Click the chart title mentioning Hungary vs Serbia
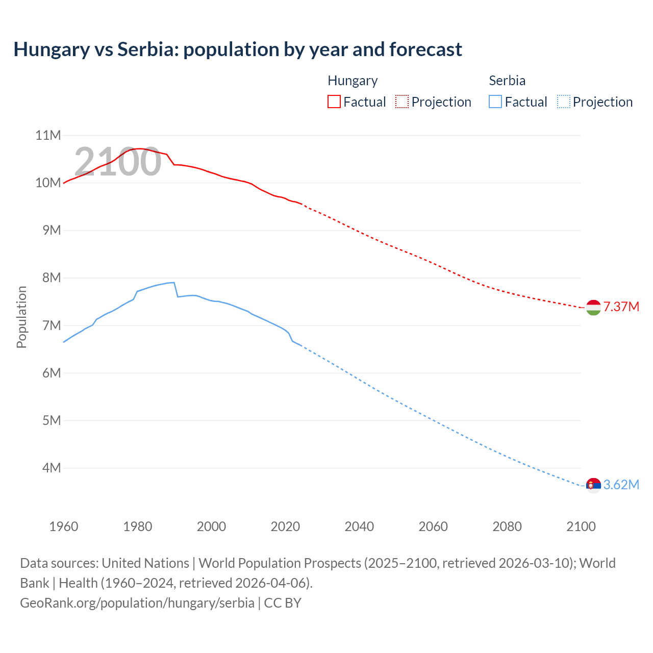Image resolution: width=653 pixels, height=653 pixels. [x=238, y=49]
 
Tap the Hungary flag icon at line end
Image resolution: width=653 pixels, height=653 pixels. [x=593, y=308]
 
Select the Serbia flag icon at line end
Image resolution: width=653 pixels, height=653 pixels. [x=593, y=485]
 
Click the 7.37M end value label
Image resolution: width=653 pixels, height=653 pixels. [x=621, y=307]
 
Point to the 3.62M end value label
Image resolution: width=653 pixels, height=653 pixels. [x=621, y=485]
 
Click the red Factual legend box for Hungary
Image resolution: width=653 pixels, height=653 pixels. [x=334, y=102]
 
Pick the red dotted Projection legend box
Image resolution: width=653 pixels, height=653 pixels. [x=402, y=102]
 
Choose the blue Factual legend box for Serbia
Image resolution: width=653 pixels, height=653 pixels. [x=495, y=102]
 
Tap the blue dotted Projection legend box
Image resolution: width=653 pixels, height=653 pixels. [x=563, y=102]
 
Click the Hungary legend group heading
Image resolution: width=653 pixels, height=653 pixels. [x=353, y=81]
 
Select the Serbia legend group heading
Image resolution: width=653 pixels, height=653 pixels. [x=507, y=81]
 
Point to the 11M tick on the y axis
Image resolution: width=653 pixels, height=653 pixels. [x=48, y=135]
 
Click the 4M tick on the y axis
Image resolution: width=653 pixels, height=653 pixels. [x=51, y=468]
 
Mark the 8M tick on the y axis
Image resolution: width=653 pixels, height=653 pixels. [x=51, y=278]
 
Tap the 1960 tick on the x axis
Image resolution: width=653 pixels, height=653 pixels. [x=64, y=526]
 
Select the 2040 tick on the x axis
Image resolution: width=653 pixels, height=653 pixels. [x=359, y=526]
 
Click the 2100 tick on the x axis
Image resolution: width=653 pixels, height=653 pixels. [x=581, y=526]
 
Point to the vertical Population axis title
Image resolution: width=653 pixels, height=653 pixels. [x=21, y=317]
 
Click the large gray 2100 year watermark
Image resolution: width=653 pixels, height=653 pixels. [x=118, y=162]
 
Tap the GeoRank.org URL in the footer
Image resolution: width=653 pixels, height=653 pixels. [x=137, y=602]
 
